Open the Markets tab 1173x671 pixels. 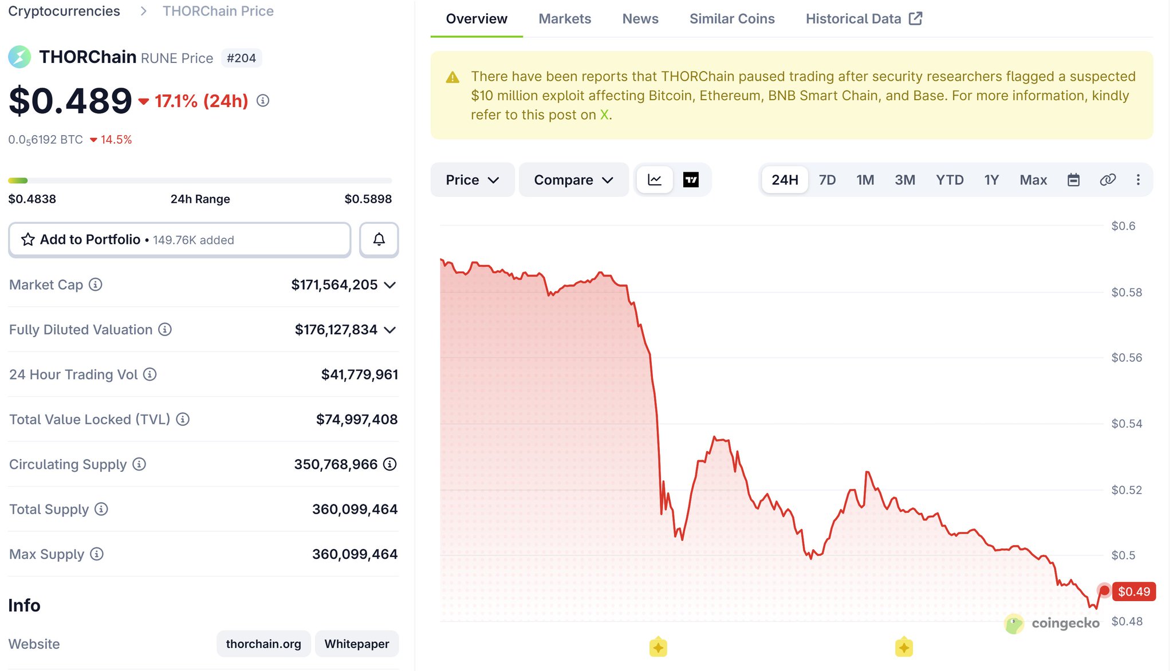[x=565, y=19]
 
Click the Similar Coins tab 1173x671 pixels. [x=732, y=19]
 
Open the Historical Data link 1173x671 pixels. [x=864, y=19]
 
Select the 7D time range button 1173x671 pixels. [x=827, y=180]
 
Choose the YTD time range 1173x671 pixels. [x=950, y=180]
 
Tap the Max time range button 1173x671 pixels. [x=1033, y=180]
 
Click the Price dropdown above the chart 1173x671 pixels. [x=473, y=180]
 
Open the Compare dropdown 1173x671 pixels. [x=573, y=180]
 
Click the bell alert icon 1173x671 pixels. [x=379, y=239]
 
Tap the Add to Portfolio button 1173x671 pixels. [x=179, y=239]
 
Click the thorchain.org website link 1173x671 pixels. [x=263, y=644]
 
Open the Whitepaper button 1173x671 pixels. [x=357, y=644]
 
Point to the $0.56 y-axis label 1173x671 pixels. [x=1127, y=358]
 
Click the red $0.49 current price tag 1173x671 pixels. [x=1133, y=591]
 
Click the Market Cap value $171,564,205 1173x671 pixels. [x=334, y=285]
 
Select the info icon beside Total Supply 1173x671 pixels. [x=101, y=509]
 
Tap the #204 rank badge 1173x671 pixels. [x=241, y=58]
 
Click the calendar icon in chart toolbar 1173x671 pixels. [x=1073, y=180]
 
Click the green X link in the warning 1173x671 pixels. [x=604, y=115]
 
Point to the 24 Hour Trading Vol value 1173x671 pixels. [x=360, y=374]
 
